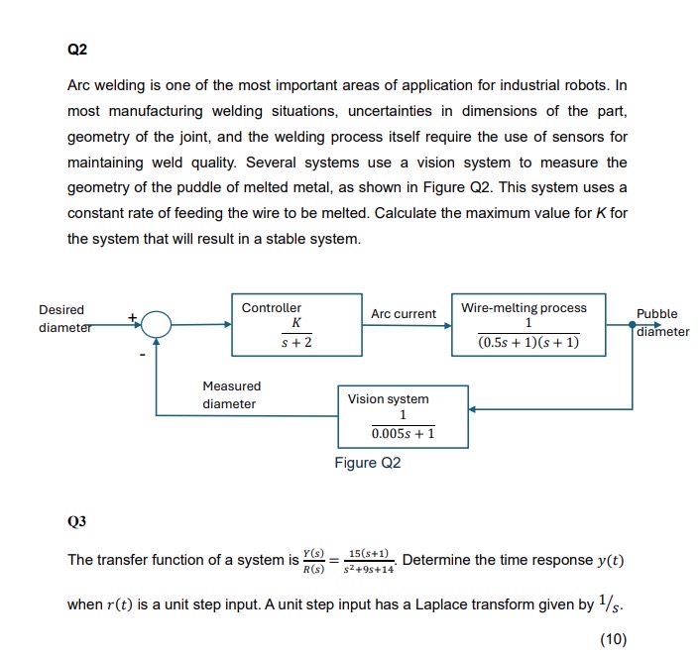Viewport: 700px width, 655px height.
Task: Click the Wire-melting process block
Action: (x=527, y=324)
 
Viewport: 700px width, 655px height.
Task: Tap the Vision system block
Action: (x=403, y=416)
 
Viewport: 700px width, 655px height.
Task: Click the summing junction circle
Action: (x=157, y=323)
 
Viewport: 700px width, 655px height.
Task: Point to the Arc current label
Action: (x=404, y=314)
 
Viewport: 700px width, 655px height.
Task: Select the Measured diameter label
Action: (x=231, y=394)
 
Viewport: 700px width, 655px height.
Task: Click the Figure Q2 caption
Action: (x=367, y=463)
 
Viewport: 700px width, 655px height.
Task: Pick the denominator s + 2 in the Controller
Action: (x=295, y=343)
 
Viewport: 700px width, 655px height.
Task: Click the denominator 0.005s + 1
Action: (x=403, y=434)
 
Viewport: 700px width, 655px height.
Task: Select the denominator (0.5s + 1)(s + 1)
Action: (x=527, y=343)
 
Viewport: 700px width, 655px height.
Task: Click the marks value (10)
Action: (x=614, y=639)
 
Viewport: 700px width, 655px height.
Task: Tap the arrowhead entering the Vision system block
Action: (x=472, y=407)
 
